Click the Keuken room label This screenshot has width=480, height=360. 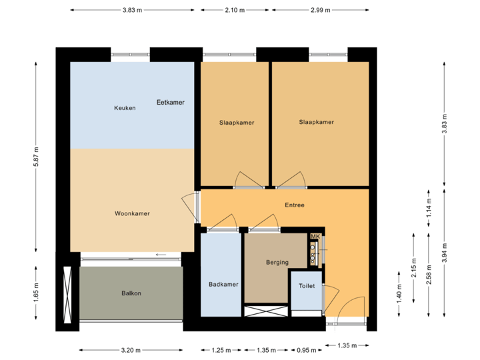125,107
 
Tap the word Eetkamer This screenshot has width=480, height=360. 171,102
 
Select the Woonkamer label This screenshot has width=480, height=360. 132,214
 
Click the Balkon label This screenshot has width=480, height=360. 131,293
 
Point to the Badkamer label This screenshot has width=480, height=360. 223,285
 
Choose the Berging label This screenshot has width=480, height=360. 277,262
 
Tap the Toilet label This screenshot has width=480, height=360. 307,285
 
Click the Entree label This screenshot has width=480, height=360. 294,205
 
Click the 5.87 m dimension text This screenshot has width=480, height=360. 37,157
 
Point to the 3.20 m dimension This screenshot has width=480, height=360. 131,349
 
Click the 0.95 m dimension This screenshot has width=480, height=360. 307,349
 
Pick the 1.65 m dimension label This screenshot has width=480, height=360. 37,293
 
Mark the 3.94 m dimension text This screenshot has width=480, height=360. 445,253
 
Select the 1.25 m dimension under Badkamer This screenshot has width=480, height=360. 221,349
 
